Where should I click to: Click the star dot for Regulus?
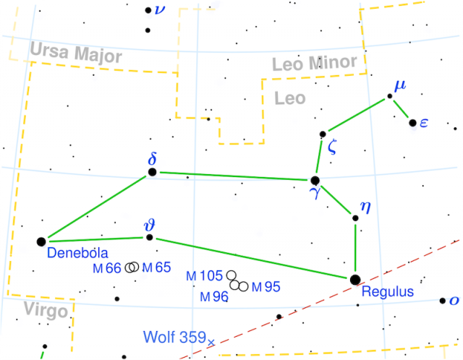(354, 279)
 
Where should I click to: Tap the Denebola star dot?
(41, 241)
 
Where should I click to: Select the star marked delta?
(152, 172)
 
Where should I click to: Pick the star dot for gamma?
(315, 180)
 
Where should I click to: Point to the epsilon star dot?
(412, 123)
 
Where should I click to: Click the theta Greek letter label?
(149, 223)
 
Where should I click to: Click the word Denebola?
(77, 253)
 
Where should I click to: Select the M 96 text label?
(215, 296)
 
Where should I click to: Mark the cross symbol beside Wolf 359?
(211, 341)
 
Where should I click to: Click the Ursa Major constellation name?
(76, 52)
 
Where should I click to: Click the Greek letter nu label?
(160, 9)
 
